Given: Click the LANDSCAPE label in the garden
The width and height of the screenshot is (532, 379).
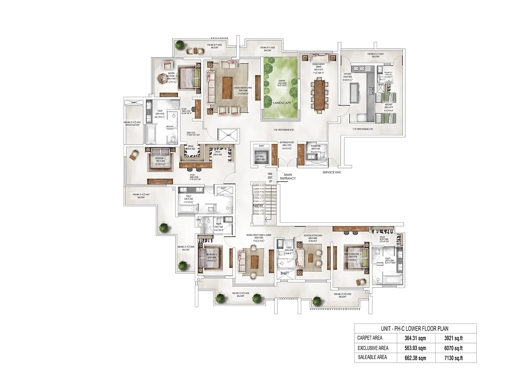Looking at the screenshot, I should (x=282, y=103).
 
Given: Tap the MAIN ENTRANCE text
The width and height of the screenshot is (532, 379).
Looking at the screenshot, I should (x=288, y=177).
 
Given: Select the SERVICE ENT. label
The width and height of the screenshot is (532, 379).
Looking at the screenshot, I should (x=332, y=172).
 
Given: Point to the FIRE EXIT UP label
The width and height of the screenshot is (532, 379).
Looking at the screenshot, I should (x=270, y=178).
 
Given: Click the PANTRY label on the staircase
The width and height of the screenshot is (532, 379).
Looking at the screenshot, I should (x=258, y=206).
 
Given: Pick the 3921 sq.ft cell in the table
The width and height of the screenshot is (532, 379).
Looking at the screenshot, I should (x=453, y=338).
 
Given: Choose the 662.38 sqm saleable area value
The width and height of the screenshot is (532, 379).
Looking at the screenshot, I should (x=415, y=358).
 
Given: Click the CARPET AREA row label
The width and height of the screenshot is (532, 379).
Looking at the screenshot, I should (x=370, y=338).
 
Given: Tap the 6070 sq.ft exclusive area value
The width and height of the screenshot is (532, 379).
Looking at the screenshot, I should (x=453, y=348).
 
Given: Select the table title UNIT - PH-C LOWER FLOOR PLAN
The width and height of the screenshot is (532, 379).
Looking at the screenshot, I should (x=415, y=329).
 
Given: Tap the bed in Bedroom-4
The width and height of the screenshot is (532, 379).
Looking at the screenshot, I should (x=210, y=257).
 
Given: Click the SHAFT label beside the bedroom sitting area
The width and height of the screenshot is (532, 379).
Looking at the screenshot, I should (x=285, y=273).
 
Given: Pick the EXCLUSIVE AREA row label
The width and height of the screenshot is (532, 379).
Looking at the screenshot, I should (x=373, y=348).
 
